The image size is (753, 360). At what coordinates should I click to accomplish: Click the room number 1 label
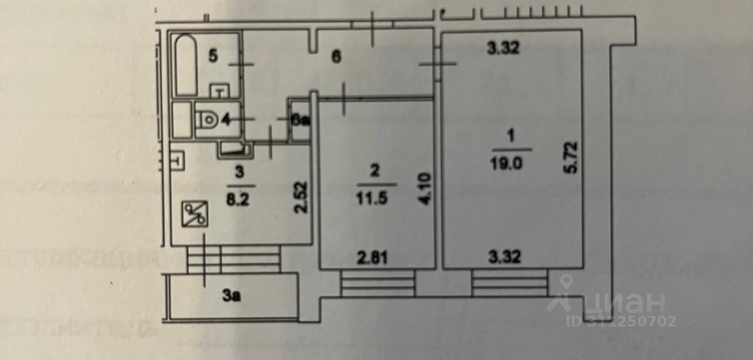click(x=511, y=136)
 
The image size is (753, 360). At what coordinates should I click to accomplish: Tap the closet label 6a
click(x=301, y=120)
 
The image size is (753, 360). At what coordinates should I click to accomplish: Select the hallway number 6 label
click(x=336, y=58)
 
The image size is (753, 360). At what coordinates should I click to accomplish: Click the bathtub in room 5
click(x=186, y=65)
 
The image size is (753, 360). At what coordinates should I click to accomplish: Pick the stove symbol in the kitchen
click(x=193, y=214)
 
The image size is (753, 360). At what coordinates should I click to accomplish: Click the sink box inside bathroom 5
click(x=219, y=91)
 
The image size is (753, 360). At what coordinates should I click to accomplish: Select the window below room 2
click(x=377, y=284)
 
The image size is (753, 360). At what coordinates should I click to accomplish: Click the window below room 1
click(x=509, y=284)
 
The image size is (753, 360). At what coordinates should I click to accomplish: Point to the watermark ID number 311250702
click(x=621, y=321)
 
